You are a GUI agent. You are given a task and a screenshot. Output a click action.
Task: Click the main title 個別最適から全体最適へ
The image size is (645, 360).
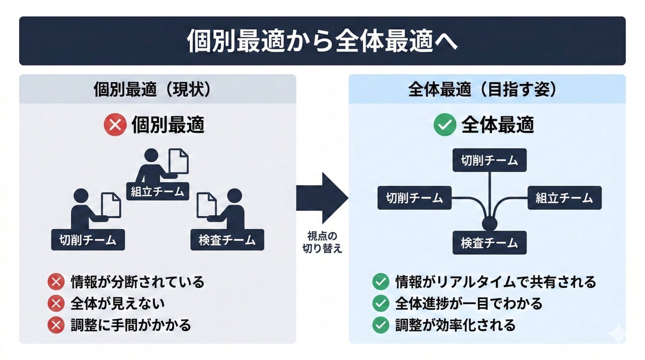(322, 41)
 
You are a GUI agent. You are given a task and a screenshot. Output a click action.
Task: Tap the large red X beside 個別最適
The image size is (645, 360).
(115, 125)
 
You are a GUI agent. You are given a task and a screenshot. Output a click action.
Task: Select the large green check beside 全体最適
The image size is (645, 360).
(445, 125)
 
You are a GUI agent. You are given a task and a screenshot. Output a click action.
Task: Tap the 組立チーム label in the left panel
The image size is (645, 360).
(157, 191)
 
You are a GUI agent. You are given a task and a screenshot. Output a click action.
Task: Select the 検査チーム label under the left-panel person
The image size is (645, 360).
(227, 240)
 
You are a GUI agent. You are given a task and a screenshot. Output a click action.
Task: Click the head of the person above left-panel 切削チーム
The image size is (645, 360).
(81, 196)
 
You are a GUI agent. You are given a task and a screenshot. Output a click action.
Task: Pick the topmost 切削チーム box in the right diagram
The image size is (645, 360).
(489, 160)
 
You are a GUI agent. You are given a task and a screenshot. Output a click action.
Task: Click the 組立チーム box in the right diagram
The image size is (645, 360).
(564, 198)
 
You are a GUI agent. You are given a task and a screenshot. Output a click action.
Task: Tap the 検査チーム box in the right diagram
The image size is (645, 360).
(489, 243)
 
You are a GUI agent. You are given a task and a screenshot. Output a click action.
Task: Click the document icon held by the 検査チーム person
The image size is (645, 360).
(206, 205)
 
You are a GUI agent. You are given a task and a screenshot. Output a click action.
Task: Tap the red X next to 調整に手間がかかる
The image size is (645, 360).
(56, 325)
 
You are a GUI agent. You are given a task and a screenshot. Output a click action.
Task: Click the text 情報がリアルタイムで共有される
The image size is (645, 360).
(496, 282)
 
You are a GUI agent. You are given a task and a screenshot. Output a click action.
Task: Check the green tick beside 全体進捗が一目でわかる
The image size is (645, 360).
(380, 303)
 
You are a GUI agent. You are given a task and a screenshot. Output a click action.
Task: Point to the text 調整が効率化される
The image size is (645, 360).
(455, 325)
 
